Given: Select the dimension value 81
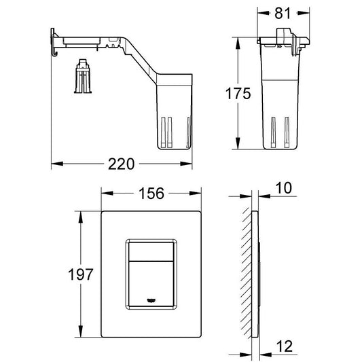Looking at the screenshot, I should coord(283,12).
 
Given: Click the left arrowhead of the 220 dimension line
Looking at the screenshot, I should coord(56,164).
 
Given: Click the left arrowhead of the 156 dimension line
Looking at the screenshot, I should coord(105,194).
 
